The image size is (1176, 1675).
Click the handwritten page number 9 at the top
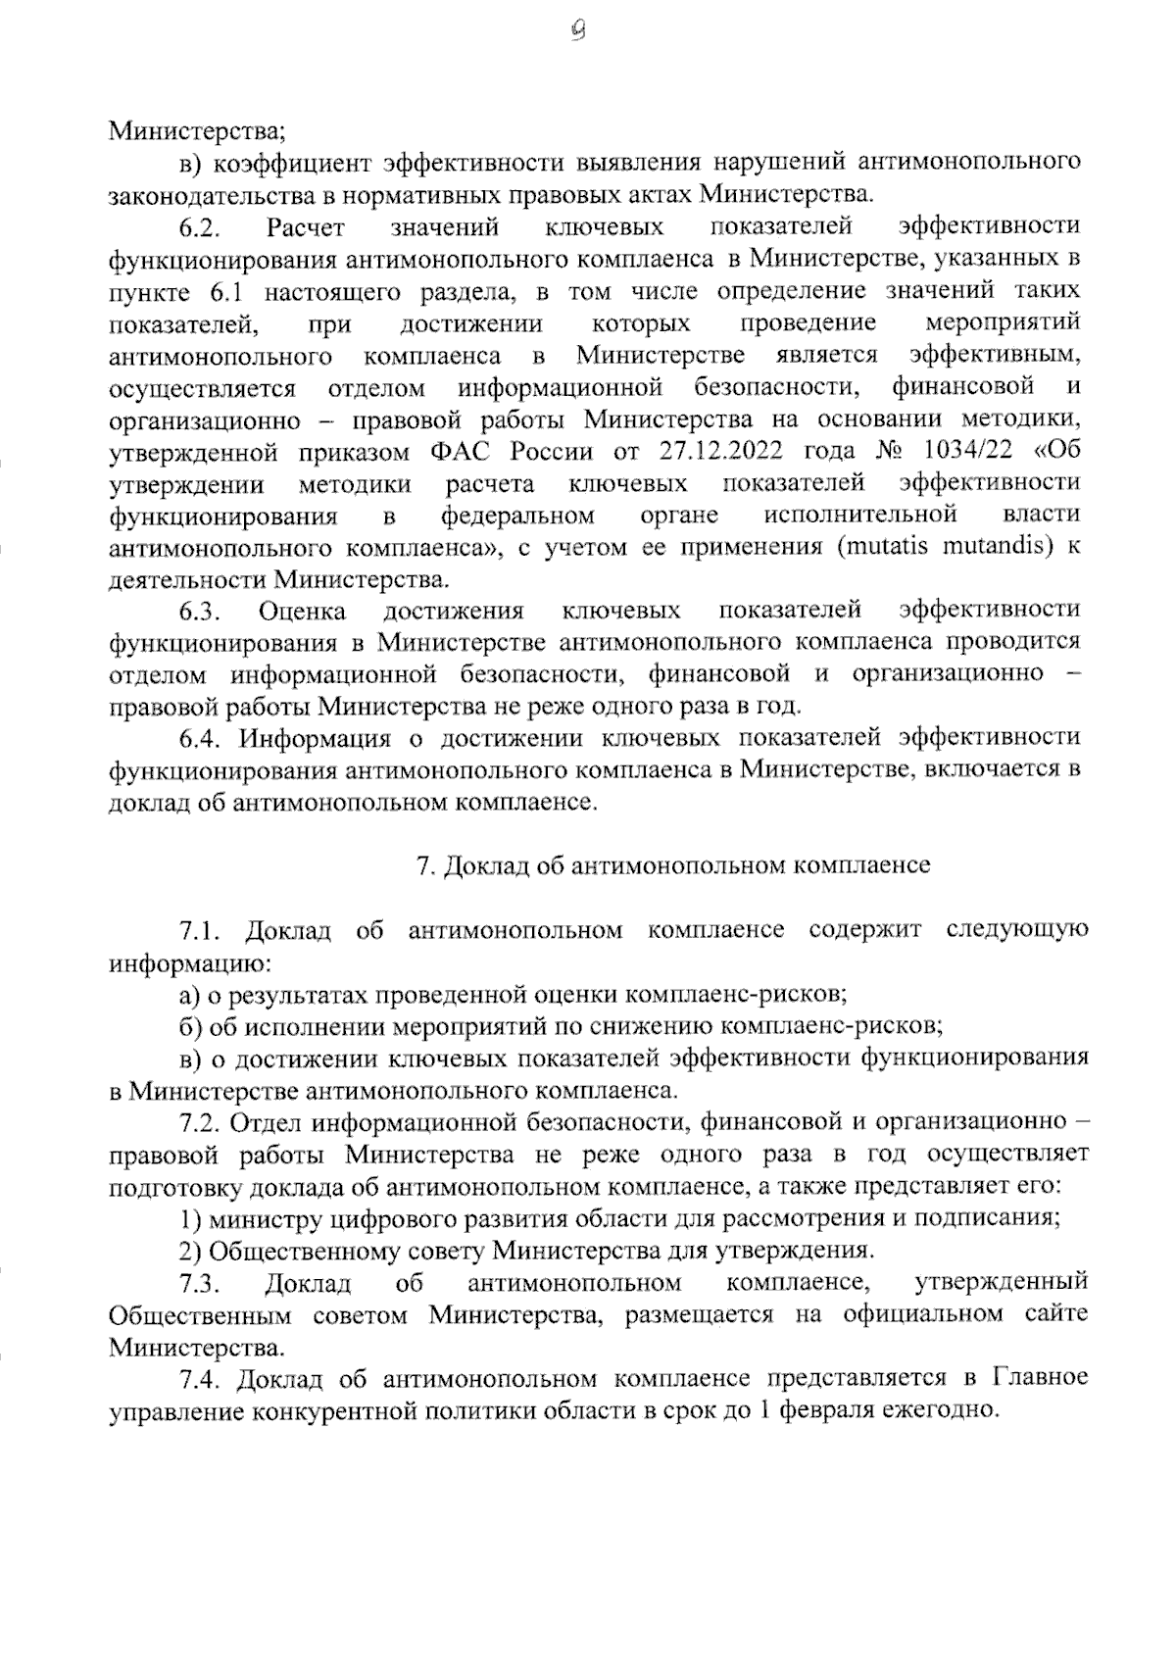pos(578,31)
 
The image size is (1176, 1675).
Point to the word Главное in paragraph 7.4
pos(1040,1378)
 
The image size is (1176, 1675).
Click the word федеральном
pos(517,515)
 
